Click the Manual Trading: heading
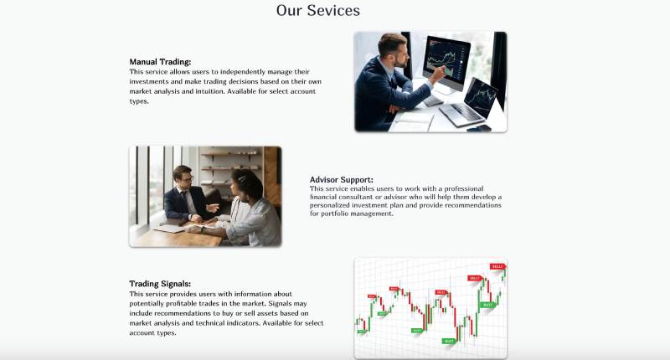point(160,62)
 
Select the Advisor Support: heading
point(341,180)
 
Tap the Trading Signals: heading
point(160,284)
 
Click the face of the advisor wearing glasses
point(187,177)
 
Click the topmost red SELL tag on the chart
point(497,266)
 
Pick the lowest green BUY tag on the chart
point(449,342)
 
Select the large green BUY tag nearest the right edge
point(487,306)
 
